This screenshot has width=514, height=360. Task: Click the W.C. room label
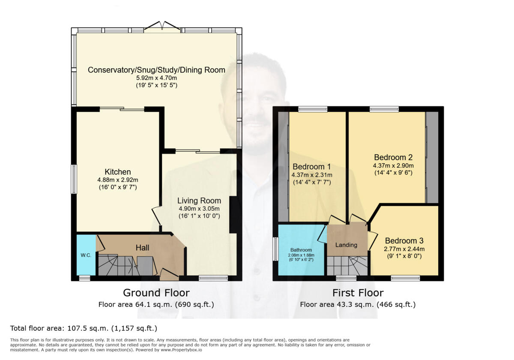pyautogui.click(x=86, y=255)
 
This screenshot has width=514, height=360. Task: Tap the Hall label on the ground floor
pyautogui.click(x=142, y=248)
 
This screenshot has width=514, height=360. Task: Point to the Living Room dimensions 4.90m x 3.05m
pyautogui.click(x=199, y=209)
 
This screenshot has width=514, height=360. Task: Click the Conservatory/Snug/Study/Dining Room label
pyautogui.click(x=156, y=70)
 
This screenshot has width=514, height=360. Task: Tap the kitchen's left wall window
pyautogui.click(x=74, y=179)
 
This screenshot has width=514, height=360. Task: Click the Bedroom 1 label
pyautogui.click(x=311, y=166)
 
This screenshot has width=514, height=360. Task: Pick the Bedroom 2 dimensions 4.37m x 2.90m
pyautogui.click(x=393, y=165)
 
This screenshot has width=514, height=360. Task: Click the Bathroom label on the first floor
pyautogui.click(x=301, y=250)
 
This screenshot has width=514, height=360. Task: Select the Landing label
pyautogui.click(x=346, y=245)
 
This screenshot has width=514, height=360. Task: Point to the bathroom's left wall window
pyautogui.click(x=276, y=249)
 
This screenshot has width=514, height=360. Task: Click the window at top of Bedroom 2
pyautogui.click(x=384, y=109)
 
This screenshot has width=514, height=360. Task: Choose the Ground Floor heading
pyautogui.click(x=156, y=293)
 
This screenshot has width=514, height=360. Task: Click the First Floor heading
pyautogui.click(x=358, y=293)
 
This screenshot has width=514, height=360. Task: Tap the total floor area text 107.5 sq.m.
pyautogui.click(x=84, y=329)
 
